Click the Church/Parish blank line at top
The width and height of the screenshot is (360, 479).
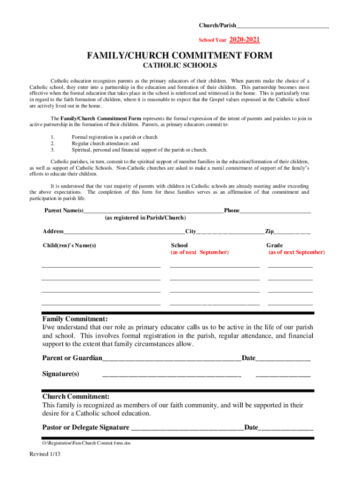(x=282, y=25)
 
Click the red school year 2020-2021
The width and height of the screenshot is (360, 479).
(x=245, y=40)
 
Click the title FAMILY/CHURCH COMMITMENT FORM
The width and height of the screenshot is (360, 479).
(x=180, y=56)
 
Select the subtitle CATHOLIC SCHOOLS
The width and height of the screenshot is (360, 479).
(x=180, y=66)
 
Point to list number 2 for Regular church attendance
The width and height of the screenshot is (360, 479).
(x=52, y=144)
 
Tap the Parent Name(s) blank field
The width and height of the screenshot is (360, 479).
(x=153, y=211)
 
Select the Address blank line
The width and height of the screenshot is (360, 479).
(x=124, y=232)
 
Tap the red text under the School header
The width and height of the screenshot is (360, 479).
(x=200, y=252)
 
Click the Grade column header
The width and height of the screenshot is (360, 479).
(x=274, y=245)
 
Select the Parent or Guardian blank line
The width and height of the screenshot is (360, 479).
(x=172, y=358)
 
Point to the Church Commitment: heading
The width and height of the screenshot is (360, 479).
(x=76, y=397)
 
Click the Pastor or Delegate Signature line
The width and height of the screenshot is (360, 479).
(x=187, y=428)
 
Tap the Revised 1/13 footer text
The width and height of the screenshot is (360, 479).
(x=45, y=454)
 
